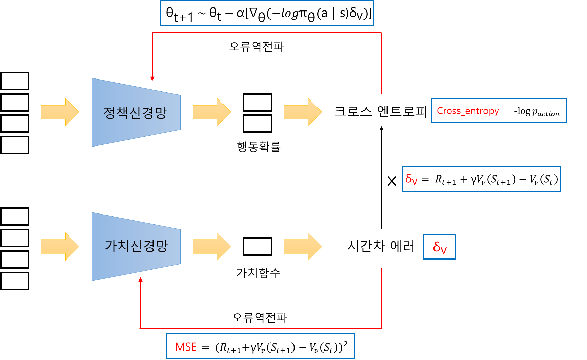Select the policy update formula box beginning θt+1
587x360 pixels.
pos(267,14)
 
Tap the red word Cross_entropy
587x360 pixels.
pos(468,111)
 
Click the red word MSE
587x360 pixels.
pos(186,347)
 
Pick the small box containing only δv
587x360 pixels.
pos(439,247)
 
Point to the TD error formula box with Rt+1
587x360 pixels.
pos(481,179)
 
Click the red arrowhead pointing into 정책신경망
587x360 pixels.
pos(152,78)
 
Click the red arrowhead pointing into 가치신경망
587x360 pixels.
pos(140,279)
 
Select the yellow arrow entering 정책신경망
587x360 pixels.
pos(60,112)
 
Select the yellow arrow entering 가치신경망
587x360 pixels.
pos(60,247)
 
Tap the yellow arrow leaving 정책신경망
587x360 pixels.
pos(212,112)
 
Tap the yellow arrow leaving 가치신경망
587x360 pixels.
pos(212,247)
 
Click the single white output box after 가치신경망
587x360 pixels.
pos(257,247)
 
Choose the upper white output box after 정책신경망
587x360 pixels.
pos(257,102)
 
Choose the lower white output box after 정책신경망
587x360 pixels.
pos(257,123)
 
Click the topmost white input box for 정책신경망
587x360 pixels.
pos(15,81)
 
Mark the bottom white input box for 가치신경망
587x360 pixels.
pos(15,281)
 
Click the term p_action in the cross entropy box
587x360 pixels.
pos(545,112)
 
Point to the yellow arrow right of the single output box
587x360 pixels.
pos(303,247)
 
